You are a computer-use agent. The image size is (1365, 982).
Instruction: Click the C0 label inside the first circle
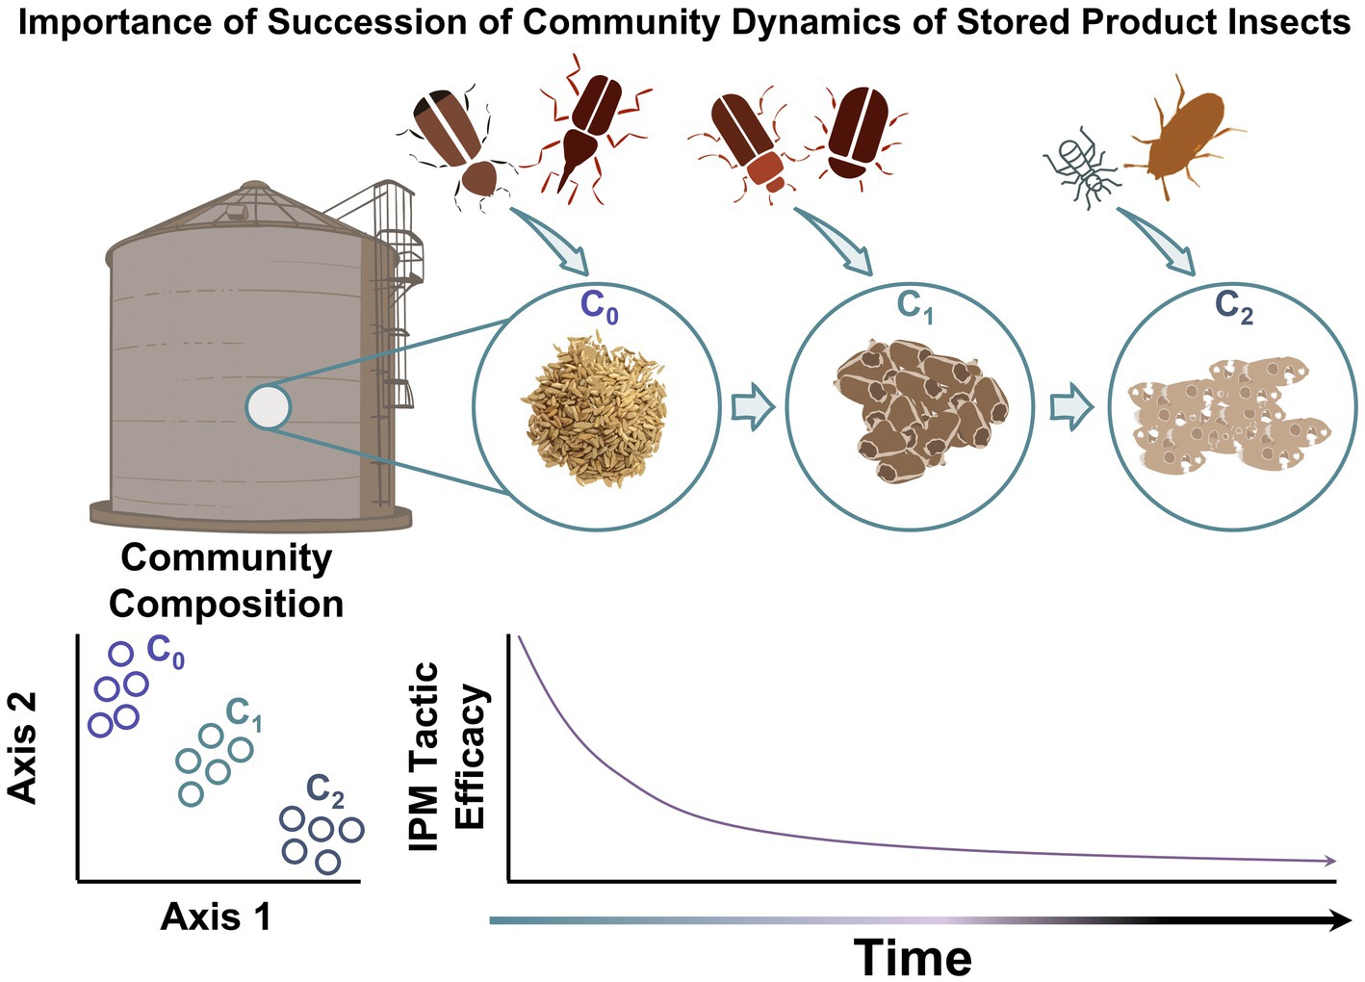click(x=598, y=306)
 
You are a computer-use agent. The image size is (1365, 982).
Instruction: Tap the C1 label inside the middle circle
click(x=914, y=306)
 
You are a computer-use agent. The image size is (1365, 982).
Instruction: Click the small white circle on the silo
click(x=268, y=406)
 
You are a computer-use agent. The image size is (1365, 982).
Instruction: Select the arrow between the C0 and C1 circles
click(x=753, y=408)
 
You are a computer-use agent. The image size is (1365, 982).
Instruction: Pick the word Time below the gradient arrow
click(x=913, y=957)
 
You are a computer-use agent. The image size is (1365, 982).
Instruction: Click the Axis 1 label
click(x=216, y=917)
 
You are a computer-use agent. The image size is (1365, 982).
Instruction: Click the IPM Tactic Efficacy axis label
click(x=448, y=757)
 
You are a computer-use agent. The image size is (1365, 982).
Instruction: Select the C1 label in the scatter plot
click(x=244, y=714)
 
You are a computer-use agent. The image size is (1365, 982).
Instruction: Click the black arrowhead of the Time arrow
click(x=1339, y=921)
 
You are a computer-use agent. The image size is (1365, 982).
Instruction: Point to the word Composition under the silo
click(x=226, y=605)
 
